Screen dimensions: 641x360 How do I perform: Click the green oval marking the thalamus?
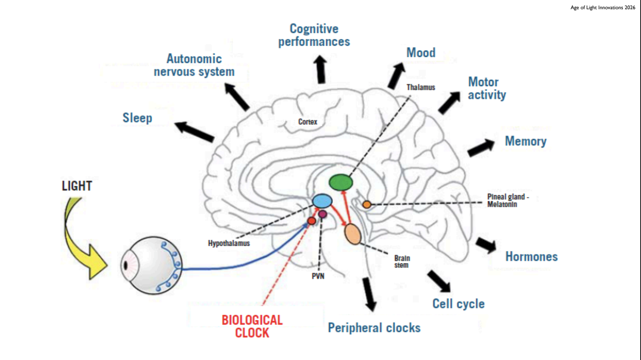pyautogui.click(x=341, y=182)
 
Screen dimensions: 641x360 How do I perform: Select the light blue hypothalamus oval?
pyautogui.click(x=322, y=201)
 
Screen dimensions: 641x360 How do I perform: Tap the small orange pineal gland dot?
pyautogui.click(x=367, y=204)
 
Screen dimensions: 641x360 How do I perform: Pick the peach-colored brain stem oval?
pyautogui.click(x=353, y=234)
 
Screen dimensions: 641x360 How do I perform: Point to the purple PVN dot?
pyautogui.click(x=323, y=214)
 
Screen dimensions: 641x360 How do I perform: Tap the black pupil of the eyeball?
pyautogui.click(x=125, y=265)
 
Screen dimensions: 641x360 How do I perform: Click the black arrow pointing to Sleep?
pyautogui.click(x=194, y=131)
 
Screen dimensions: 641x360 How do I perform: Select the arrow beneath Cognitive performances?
pyautogui.click(x=320, y=69)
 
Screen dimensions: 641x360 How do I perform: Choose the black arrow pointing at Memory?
pyautogui.click(x=481, y=148)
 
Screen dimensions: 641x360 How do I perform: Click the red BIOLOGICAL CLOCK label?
pyautogui.click(x=252, y=326)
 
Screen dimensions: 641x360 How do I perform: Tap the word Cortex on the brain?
pyautogui.click(x=308, y=122)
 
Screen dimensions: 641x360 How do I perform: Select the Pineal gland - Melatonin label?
pyautogui.click(x=508, y=200)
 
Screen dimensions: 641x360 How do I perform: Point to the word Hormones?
pyautogui.click(x=531, y=257)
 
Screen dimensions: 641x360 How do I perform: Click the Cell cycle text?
pyautogui.click(x=458, y=303)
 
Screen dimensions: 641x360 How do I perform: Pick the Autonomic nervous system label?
pyautogui.click(x=194, y=65)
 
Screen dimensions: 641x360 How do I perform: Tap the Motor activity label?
pyautogui.click(x=487, y=88)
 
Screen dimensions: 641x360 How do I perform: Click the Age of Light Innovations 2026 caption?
pyautogui.click(x=602, y=8)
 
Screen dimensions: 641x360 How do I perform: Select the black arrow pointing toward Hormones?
pyautogui.click(x=486, y=245)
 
